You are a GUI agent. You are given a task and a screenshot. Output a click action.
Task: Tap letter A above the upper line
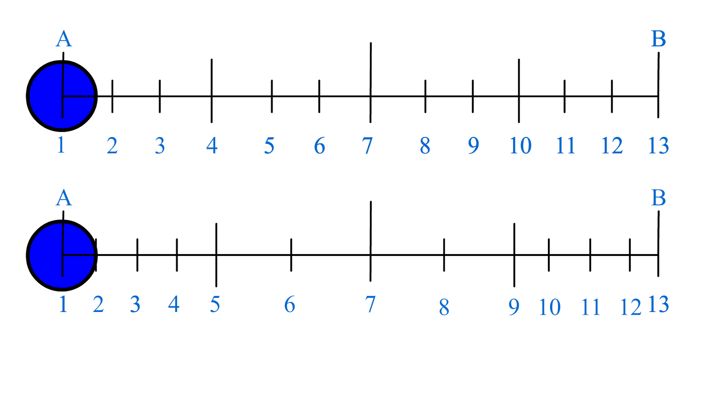point(64,39)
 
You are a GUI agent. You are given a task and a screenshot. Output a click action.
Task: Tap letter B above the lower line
point(658,198)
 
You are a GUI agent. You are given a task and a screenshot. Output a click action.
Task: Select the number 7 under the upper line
point(368,145)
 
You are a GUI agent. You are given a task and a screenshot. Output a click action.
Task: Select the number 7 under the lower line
point(370,304)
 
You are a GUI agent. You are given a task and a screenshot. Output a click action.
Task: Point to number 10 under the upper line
point(520,145)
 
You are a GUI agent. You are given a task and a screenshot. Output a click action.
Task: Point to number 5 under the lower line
point(215,304)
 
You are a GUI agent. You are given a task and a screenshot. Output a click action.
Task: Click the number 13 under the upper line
point(658,145)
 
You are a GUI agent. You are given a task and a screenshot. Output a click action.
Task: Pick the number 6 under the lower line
point(290,304)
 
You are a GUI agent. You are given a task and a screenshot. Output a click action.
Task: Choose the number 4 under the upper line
point(212,145)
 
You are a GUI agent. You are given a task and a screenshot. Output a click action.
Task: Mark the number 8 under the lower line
point(444,307)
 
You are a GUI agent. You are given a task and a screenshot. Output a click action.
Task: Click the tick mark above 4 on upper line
point(212,90)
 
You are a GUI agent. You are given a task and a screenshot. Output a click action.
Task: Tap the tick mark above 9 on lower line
point(514,255)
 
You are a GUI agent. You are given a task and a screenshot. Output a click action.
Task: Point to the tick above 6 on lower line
point(291,255)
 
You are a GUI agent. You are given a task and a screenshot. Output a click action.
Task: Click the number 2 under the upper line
point(112,145)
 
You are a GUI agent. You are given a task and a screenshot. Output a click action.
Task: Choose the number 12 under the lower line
point(630,307)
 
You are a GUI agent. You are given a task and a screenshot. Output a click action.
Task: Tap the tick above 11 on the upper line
point(565,96)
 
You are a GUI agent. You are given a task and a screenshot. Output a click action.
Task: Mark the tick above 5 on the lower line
point(216,255)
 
